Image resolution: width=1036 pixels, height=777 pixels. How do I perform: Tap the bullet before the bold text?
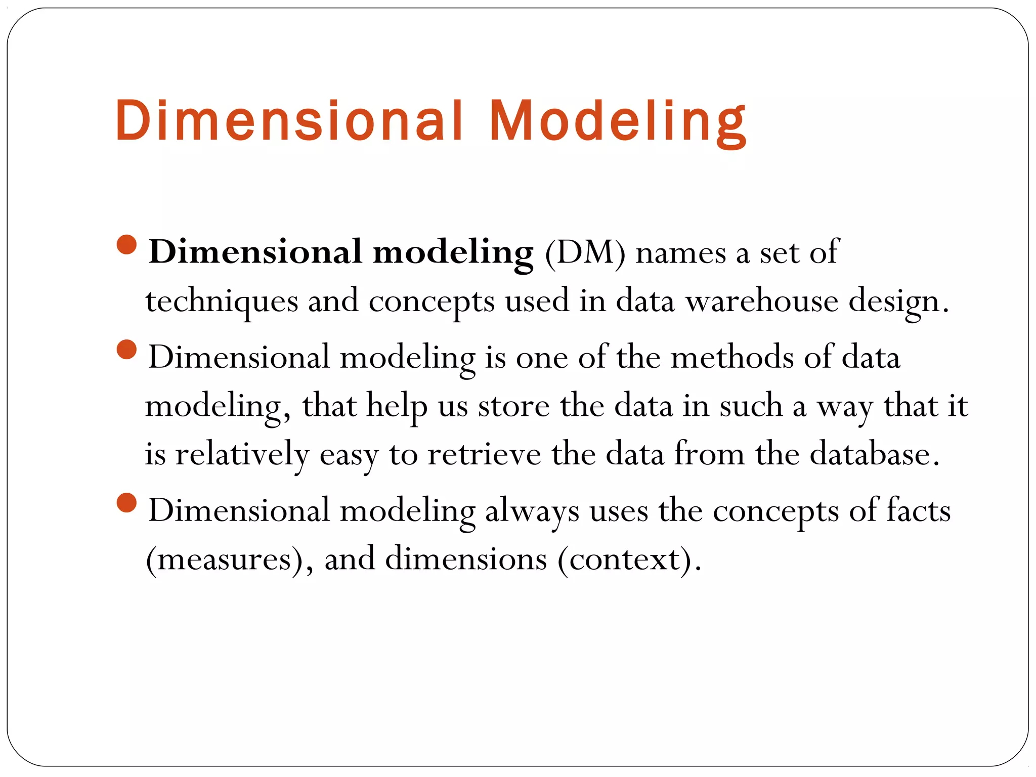point(126,245)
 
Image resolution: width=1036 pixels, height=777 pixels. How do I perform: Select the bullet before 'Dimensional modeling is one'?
point(126,350)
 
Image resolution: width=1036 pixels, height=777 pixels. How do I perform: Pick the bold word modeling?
point(453,253)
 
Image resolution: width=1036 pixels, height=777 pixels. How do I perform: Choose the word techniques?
point(222,302)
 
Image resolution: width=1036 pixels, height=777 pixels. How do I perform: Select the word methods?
point(732,357)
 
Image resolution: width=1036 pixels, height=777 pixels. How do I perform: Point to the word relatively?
point(242,455)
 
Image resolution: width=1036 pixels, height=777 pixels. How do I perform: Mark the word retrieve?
point(484,454)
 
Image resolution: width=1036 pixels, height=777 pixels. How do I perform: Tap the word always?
point(532,511)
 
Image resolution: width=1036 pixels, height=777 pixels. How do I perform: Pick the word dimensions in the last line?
point(466,559)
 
